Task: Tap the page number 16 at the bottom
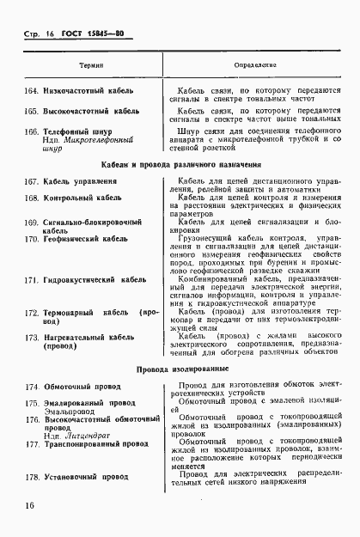30,505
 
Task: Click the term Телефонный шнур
80,131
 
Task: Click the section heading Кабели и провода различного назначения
180,164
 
